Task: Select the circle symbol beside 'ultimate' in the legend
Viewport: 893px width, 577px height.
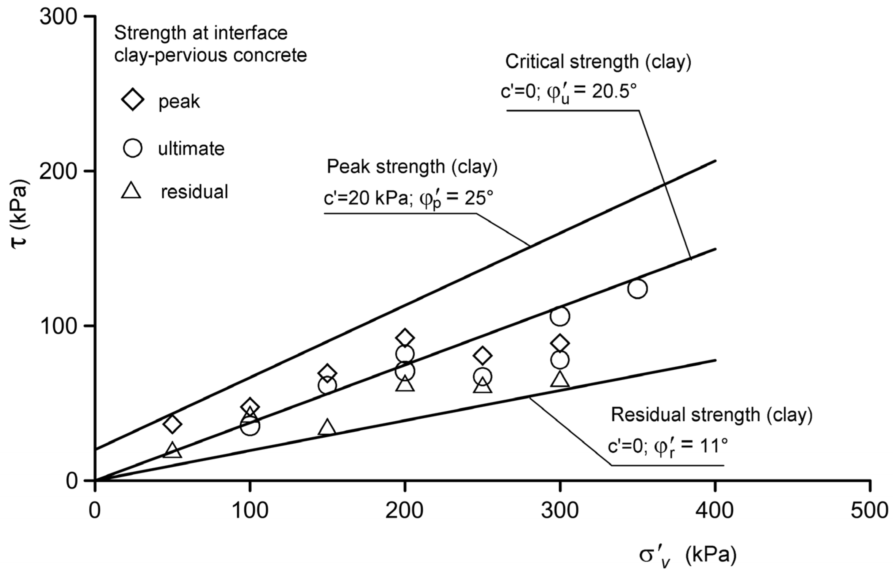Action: tap(132, 148)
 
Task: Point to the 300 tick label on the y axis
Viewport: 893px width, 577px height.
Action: tap(58, 17)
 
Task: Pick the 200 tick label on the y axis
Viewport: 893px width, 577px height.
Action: tap(58, 172)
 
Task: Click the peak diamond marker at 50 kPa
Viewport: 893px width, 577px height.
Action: tap(173, 424)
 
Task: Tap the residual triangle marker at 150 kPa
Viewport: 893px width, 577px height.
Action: tap(327, 427)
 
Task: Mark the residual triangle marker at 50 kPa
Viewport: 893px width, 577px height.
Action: tap(173, 450)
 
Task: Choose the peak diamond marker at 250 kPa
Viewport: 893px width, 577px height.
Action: tap(482, 355)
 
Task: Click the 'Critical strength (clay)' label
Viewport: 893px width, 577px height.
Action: tap(598, 62)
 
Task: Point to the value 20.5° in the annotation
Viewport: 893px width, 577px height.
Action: tap(614, 91)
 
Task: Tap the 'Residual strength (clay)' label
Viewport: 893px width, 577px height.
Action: tap(712, 415)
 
